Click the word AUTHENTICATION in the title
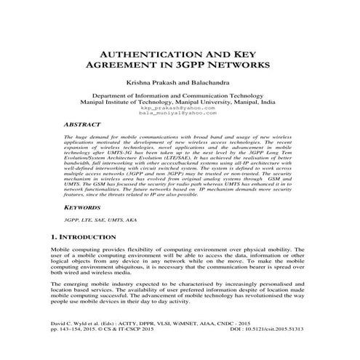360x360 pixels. point(140,55)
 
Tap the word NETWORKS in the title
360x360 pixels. point(238,65)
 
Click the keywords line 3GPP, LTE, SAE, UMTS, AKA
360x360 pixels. point(99,220)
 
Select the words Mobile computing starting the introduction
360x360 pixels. point(76,249)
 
